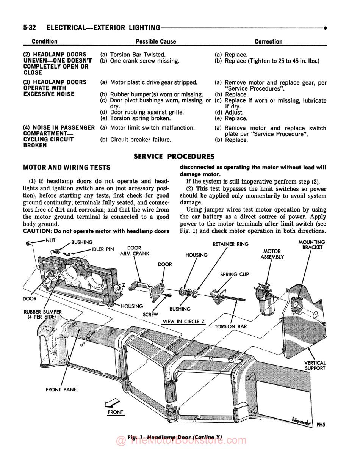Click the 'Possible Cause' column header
[x=155, y=41]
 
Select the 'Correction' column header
[x=268, y=41]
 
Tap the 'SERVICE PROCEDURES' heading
[x=174, y=157]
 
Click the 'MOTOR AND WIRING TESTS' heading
[x=67, y=167]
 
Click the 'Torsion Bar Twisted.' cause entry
[x=138, y=55]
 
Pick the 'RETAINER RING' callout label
[x=230, y=244]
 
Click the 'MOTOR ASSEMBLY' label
[x=272, y=254]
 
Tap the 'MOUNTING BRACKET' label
[x=312, y=245]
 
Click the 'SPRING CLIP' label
[x=234, y=274]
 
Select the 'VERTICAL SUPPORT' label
[x=315, y=366]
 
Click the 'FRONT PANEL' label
[x=62, y=389]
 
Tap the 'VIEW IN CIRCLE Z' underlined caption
[x=183, y=322]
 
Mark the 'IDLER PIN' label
[x=103, y=249]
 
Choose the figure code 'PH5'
[x=321, y=425]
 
